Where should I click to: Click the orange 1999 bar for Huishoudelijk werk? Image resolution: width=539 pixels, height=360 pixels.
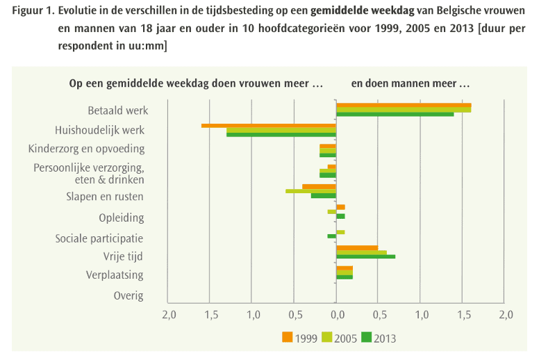click(x=268, y=126)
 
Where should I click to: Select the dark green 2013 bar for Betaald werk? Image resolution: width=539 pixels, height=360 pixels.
click(x=395, y=114)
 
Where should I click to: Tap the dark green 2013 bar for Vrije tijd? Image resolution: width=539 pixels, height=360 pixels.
click(x=365, y=256)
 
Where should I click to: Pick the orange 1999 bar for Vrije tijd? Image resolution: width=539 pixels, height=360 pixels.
click(x=357, y=247)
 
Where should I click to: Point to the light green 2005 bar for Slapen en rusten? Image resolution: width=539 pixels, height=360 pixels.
click(x=310, y=190)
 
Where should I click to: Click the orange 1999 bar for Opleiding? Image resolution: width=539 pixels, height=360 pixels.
click(x=340, y=207)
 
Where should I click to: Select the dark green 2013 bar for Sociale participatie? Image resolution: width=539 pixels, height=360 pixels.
click(x=332, y=236)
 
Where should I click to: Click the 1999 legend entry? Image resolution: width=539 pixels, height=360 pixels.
click(x=299, y=338)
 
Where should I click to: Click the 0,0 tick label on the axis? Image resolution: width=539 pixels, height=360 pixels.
click(x=336, y=316)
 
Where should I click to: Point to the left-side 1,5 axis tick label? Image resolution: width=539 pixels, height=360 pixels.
click(x=210, y=316)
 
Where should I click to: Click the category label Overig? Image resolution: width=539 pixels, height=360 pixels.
click(x=128, y=296)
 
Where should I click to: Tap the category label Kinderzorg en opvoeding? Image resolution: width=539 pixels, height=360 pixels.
click(x=86, y=149)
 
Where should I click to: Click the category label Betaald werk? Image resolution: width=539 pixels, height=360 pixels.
click(x=118, y=111)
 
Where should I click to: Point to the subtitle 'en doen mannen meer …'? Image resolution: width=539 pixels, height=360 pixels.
click(x=411, y=83)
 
